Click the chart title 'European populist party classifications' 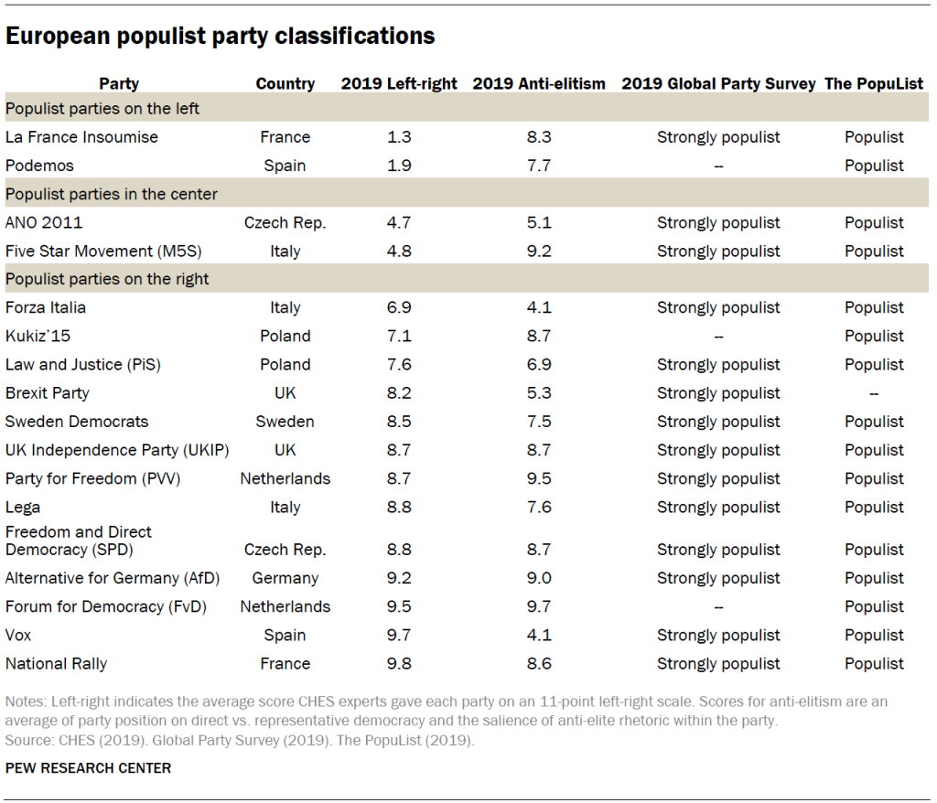tap(220, 37)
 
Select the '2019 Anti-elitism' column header tap(539, 84)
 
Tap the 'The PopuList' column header tap(874, 84)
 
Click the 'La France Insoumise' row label tap(81, 137)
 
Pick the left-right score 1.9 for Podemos tap(399, 166)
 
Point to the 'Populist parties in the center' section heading tap(111, 194)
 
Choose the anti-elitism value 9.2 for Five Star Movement tap(539, 251)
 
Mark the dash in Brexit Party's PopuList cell tap(874, 393)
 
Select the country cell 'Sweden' tap(285, 422)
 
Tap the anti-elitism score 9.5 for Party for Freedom tap(539, 478)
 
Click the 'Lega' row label tap(23, 507)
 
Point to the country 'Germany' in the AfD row tap(285, 578)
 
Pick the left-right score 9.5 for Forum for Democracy tap(399, 606)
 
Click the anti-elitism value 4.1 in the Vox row tap(539, 635)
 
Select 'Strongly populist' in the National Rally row tap(718, 663)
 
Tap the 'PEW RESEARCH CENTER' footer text tap(88, 768)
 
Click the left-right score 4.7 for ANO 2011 tap(399, 222)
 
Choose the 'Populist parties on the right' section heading tap(107, 279)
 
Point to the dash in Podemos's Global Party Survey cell tap(718, 166)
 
